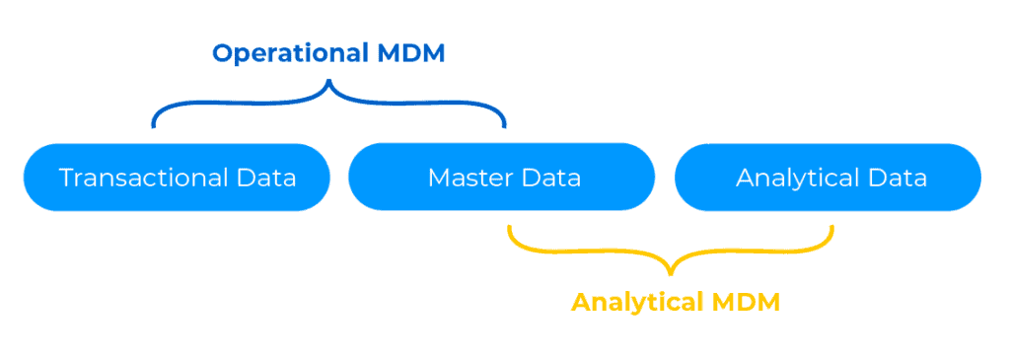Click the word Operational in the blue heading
[288, 52]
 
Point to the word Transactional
[144, 179]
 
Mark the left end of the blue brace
[153, 126]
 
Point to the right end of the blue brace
[504, 126]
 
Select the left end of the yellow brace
[509, 227]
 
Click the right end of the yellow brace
[832, 227]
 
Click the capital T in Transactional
[66, 179]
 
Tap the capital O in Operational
[222, 52]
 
